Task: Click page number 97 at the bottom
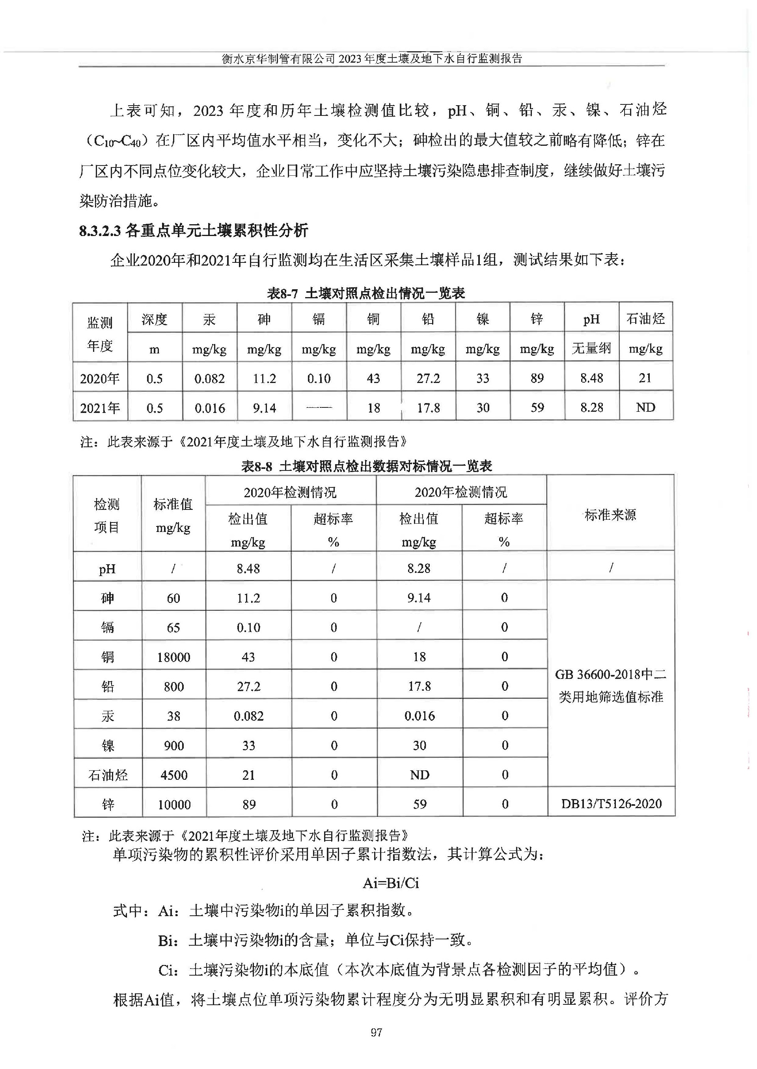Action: (376, 1033)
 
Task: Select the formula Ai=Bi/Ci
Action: (391, 883)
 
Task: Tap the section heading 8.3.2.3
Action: (194, 231)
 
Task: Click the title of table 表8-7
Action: (366, 293)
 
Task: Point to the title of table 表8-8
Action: (366, 466)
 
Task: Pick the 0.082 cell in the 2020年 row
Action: (209, 378)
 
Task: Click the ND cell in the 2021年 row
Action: (645, 407)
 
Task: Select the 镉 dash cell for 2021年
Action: (319, 407)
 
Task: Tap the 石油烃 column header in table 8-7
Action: (645, 319)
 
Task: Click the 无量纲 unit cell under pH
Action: (591, 348)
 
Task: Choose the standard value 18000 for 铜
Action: (173, 657)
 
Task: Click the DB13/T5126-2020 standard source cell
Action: (611, 803)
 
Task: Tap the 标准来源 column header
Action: (610, 515)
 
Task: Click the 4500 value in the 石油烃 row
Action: (174, 775)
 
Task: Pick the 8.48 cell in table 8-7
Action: (591, 378)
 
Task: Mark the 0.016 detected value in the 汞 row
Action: (420, 716)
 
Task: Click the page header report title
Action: (371, 59)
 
